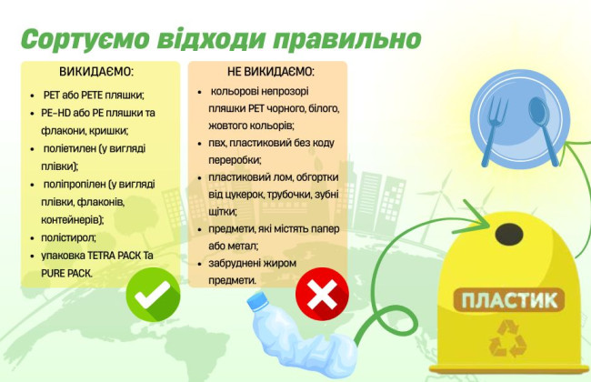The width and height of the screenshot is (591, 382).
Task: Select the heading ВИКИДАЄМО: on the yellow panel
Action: point(96,72)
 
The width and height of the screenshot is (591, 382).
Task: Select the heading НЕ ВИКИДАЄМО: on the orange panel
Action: point(270,72)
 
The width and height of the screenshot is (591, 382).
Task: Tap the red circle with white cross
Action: point(323,293)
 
